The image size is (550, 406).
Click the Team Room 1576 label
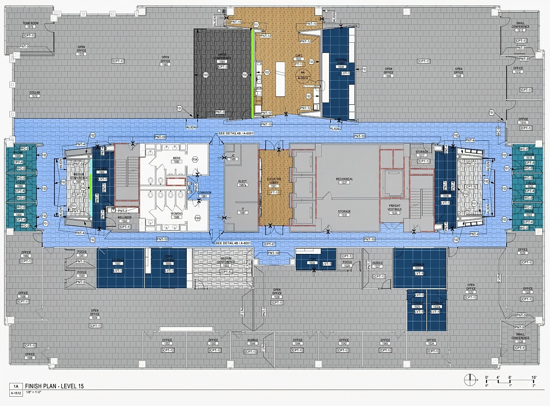[31, 25]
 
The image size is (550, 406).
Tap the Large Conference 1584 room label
[222, 58]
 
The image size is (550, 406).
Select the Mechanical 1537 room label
[344, 181]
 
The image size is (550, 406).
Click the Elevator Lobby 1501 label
[274, 183]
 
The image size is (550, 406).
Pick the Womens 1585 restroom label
[177, 215]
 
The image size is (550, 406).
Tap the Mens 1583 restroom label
[177, 160]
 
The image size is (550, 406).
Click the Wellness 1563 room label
[124, 219]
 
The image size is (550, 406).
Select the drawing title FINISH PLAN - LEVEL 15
[54, 386]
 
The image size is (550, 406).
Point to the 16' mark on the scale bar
[534, 377]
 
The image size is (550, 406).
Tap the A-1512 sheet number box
[16, 393]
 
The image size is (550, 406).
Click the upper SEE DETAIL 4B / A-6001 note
[236, 133]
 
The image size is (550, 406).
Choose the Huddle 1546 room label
[252, 342]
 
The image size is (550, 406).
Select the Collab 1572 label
[35, 94]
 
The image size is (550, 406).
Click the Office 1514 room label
[523, 121]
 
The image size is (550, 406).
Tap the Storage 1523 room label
[418, 266]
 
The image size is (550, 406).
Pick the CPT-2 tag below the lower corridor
[269, 244]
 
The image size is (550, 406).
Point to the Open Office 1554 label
[95, 314]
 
